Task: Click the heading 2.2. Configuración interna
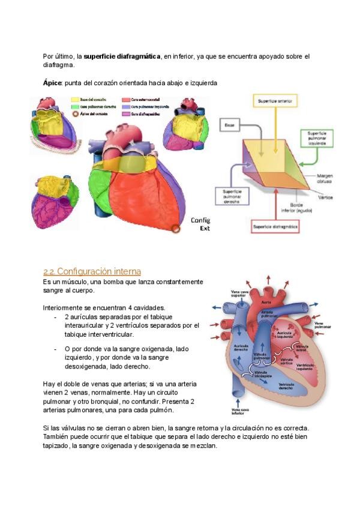click(x=92, y=271)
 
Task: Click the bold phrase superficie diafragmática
click(x=122, y=56)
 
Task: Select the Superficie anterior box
click(x=275, y=102)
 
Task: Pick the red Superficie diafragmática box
click(x=275, y=227)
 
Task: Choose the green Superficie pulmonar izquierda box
click(x=316, y=138)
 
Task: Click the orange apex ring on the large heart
click(x=175, y=229)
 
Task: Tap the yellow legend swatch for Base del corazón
click(x=75, y=100)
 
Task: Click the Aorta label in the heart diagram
click(x=266, y=302)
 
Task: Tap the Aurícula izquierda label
click(x=286, y=335)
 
